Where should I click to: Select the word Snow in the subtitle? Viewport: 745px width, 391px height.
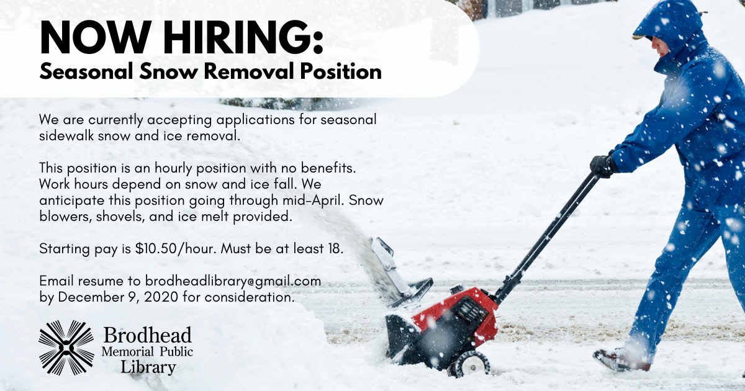coord(168,71)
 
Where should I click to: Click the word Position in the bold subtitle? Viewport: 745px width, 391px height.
coord(341,71)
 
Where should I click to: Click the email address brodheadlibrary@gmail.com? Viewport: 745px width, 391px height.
coord(233,281)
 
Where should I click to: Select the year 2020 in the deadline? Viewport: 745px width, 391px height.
coord(161,297)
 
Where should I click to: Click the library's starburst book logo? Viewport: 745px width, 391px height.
coord(66,348)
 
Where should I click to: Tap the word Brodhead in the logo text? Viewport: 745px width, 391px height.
coord(147,335)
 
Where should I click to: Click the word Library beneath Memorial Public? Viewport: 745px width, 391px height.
coord(148,367)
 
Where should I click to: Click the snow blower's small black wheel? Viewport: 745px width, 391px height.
coord(469,364)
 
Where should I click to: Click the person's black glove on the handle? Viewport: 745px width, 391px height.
coord(603,165)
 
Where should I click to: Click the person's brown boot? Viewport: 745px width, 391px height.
coord(621,360)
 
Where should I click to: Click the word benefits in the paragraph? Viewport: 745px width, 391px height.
coord(328,168)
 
